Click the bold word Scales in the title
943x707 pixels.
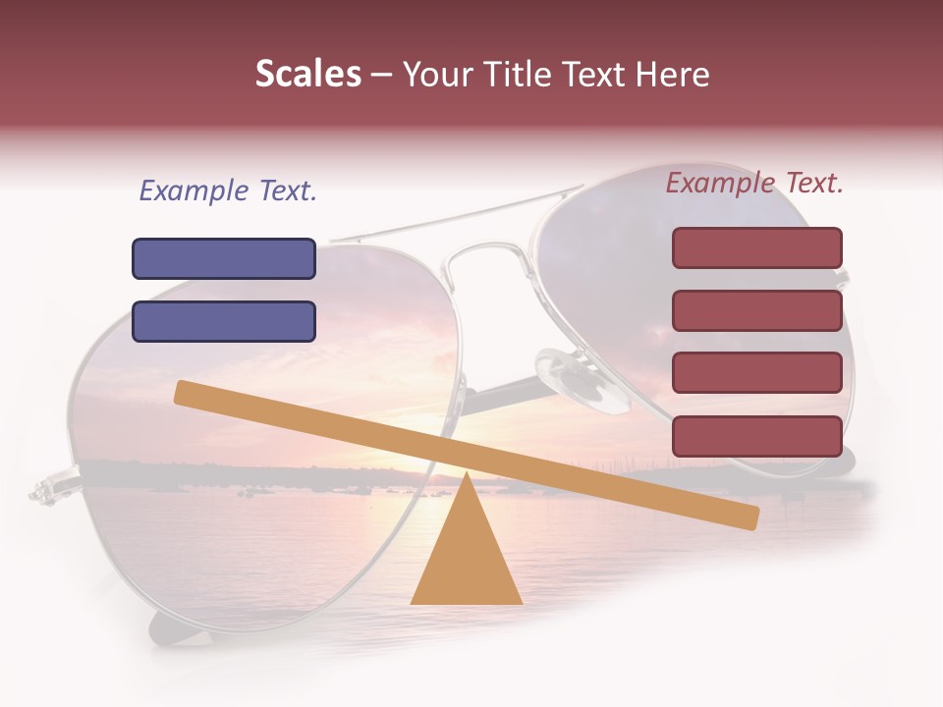(307, 74)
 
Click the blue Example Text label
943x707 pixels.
(228, 190)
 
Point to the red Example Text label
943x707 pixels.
(754, 183)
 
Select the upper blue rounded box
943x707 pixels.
(224, 258)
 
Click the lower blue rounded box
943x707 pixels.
(224, 321)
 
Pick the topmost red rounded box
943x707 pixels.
(756, 247)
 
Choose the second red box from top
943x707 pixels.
(756, 310)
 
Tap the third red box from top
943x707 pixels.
(756, 373)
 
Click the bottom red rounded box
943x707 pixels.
(756, 436)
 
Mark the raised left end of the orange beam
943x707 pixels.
(187, 392)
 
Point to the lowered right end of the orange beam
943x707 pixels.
(746, 517)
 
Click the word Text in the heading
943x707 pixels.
(600, 75)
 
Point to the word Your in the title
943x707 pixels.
(436, 75)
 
